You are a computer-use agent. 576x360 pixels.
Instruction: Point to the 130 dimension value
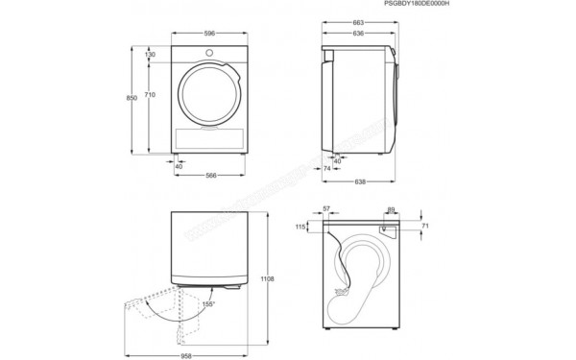point(151,55)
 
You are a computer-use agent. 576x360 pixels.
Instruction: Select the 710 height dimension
point(151,95)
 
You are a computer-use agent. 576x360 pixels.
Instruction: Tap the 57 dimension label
point(326,208)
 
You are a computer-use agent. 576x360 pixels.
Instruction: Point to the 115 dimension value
point(300,227)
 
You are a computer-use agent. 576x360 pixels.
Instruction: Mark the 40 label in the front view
point(179,166)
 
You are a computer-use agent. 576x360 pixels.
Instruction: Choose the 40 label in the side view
point(336,160)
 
